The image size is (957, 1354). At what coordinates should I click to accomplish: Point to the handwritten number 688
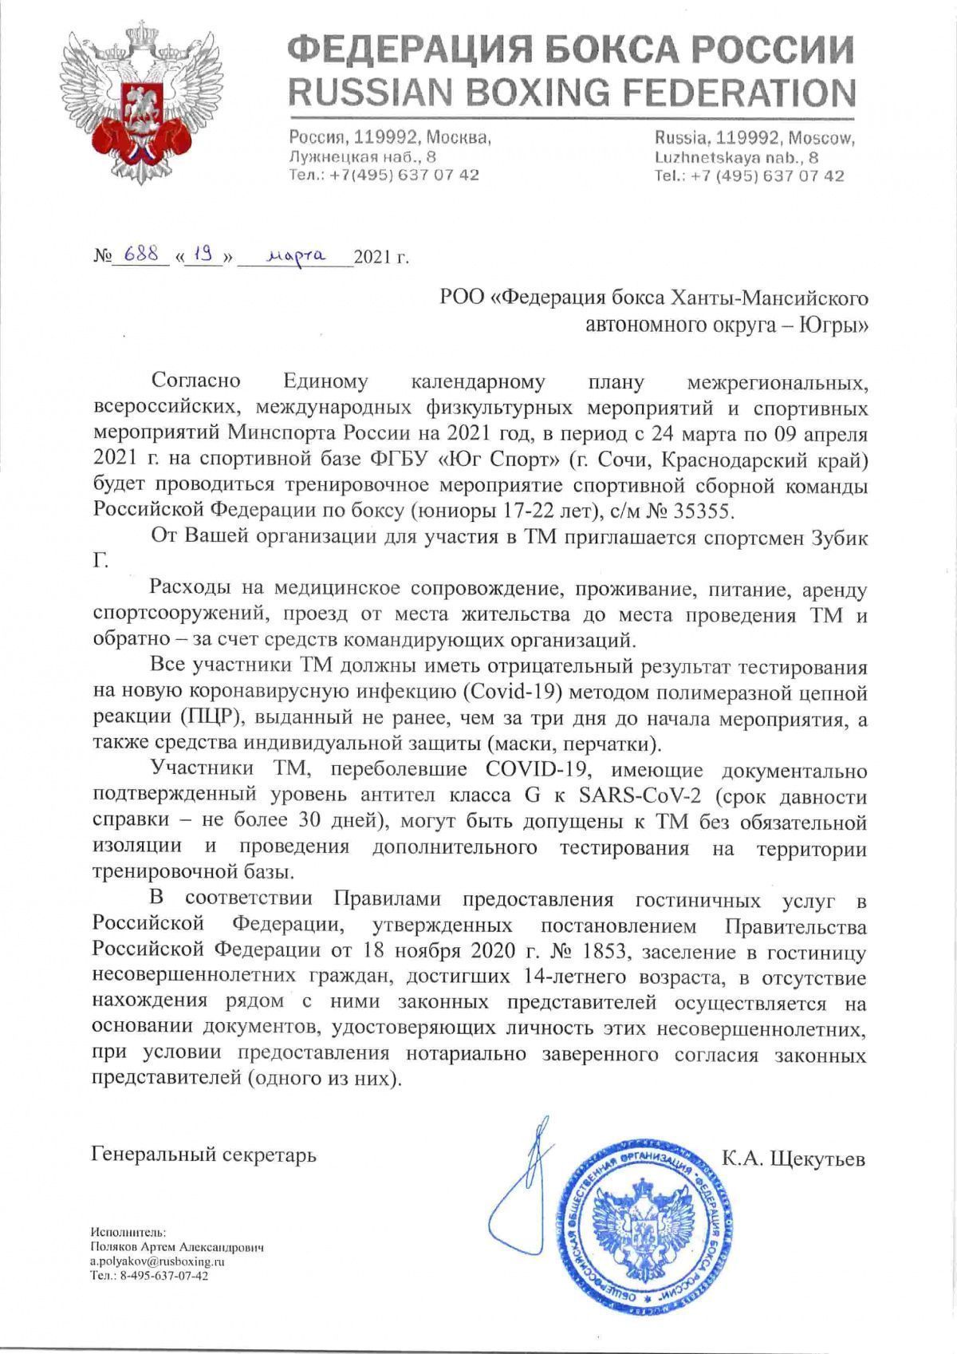coord(140,255)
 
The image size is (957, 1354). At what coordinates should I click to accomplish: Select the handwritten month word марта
coord(295,256)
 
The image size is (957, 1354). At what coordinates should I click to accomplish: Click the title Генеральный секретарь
coord(204,1155)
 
